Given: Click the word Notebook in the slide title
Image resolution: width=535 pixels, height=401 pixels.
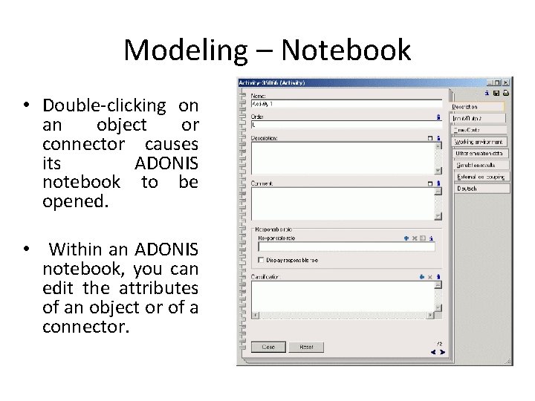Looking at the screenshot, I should (x=346, y=50).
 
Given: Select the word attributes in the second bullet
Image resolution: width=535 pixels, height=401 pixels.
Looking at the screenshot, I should (x=160, y=287).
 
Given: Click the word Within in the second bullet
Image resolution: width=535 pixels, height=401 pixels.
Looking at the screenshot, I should (x=78, y=248).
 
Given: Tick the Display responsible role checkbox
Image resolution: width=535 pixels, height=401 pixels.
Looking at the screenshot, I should (x=260, y=260).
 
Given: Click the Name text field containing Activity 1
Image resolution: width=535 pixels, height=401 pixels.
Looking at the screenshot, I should (x=345, y=105).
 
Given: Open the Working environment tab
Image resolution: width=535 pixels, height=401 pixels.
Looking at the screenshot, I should (x=480, y=141).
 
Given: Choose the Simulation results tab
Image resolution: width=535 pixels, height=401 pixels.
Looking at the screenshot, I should (x=480, y=165).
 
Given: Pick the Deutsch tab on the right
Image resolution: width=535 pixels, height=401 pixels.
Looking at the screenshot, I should (x=480, y=189).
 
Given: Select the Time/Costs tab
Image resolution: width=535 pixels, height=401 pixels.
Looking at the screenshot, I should (x=480, y=129).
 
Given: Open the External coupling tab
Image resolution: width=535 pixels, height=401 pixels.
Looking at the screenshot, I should (x=480, y=177).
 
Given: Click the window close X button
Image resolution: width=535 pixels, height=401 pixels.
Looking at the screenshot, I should (x=506, y=82).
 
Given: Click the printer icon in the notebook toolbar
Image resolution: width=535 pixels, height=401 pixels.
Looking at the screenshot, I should (x=506, y=94).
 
